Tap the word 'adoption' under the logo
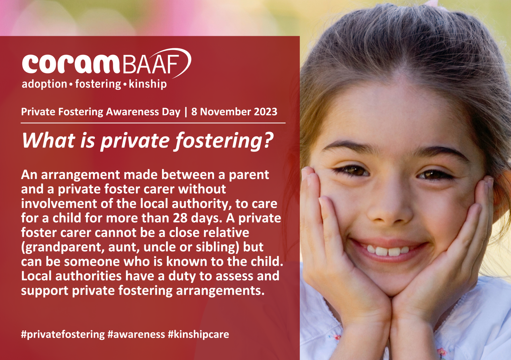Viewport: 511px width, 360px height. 44,84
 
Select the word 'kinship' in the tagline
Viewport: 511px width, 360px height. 147,84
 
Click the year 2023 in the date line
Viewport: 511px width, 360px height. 265,112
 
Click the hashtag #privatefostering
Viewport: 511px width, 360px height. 63,334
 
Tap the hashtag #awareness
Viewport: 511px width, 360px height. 136,334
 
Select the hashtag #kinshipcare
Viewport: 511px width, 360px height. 198,334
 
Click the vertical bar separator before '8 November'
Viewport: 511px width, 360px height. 186,112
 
